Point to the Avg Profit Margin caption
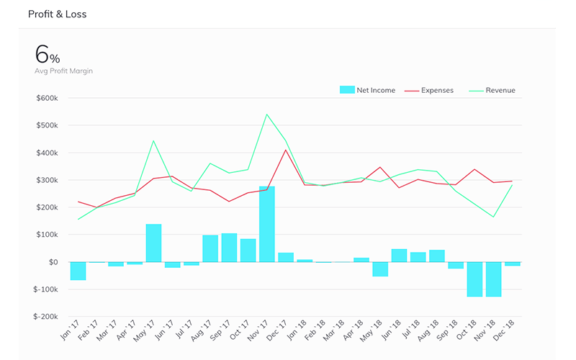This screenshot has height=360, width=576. (63, 71)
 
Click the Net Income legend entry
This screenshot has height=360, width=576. (367, 90)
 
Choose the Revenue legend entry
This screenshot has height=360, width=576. (492, 90)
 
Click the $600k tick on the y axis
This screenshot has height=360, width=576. (47, 98)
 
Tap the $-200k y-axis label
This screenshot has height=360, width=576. (45, 317)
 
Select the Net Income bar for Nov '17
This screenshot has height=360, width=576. (267, 224)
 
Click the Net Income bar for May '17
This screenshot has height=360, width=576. (153, 243)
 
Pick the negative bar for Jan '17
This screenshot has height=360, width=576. (78, 271)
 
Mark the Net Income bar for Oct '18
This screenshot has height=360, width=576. (474, 279)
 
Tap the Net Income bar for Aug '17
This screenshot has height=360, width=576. (210, 248)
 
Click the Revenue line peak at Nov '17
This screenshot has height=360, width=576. (267, 114)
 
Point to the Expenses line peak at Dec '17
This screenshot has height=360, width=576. (286, 150)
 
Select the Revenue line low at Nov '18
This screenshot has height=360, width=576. (493, 217)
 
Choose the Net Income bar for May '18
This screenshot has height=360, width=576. (380, 269)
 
